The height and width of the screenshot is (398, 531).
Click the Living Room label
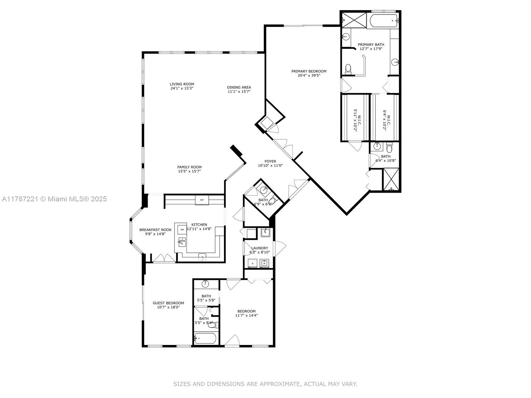[182, 84]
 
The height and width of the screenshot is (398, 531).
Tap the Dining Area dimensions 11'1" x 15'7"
[239, 92]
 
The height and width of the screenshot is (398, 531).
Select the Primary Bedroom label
[309, 71]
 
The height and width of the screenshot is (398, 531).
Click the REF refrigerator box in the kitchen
[202, 200]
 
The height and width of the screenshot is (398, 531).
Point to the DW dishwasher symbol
[182, 229]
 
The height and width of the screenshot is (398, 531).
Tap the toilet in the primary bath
[348, 69]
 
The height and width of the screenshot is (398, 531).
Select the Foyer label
[270, 162]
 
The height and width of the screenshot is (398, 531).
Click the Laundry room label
[260, 248]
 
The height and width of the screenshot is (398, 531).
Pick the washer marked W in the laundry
[265, 263]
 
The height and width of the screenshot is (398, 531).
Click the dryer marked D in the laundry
[252, 263]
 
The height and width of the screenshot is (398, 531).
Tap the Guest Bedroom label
[168, 303]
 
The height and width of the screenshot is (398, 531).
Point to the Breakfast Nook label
[155, 230]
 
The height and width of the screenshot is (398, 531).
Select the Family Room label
[189, 167]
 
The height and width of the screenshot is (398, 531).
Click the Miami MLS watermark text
[54, 199]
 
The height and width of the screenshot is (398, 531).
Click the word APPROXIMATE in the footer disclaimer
[280, 384]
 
